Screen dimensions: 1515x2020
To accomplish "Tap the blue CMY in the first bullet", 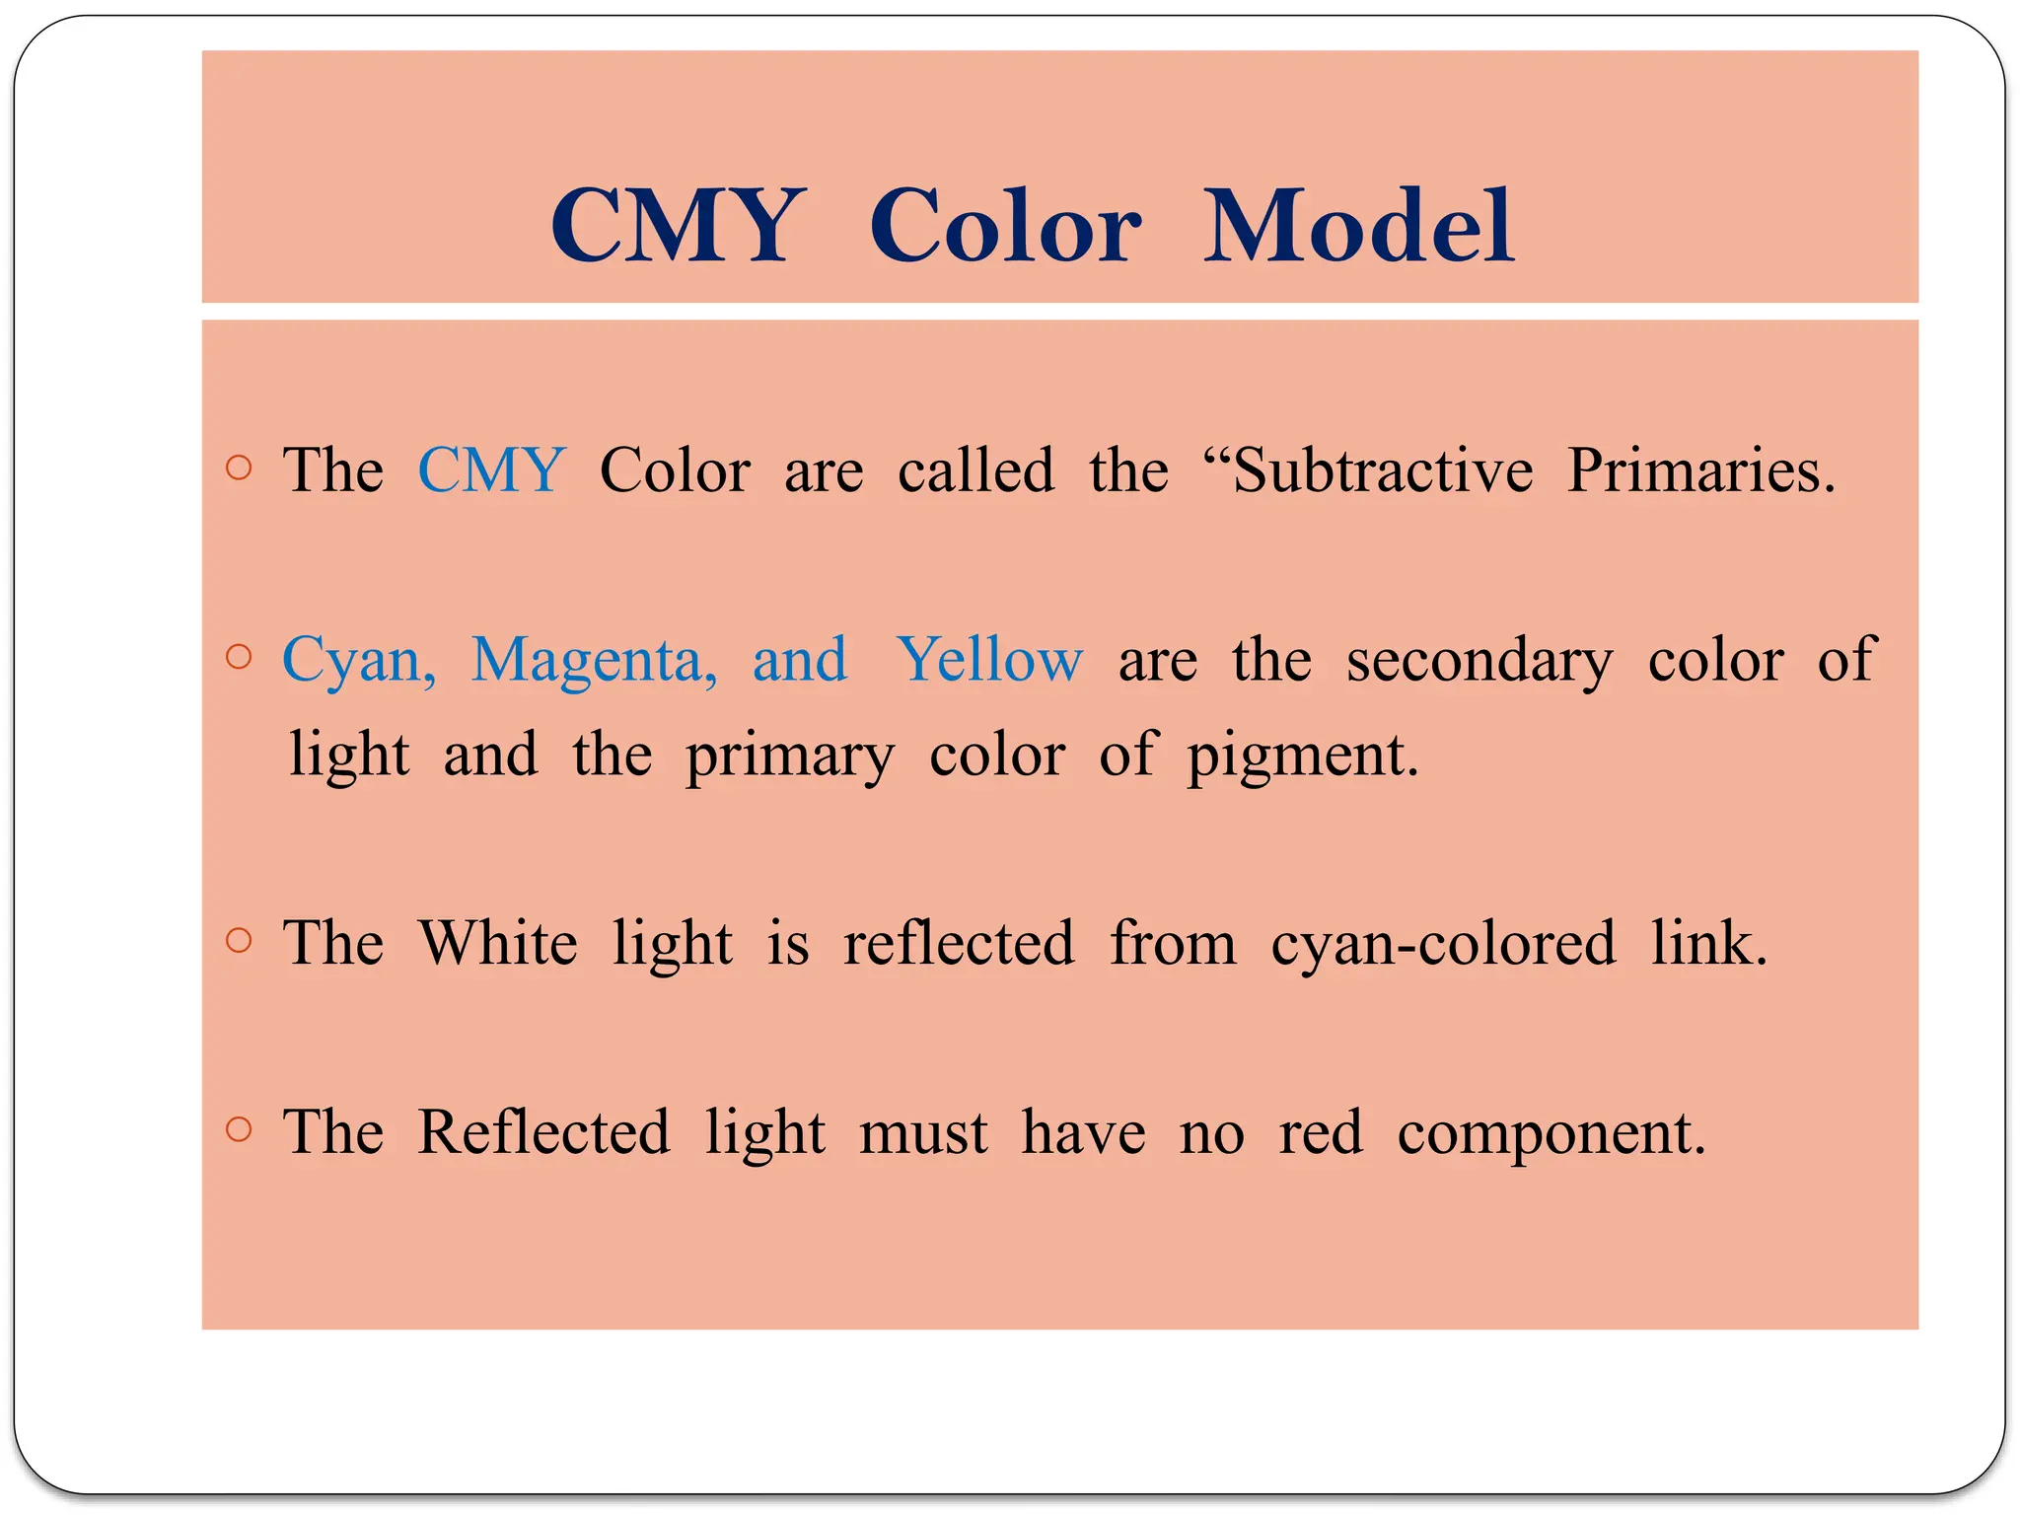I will [x=491, y=469].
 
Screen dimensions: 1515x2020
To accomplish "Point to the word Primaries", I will [x=1700, y=469].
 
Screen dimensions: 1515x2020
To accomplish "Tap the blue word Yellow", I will [x=989, y=659].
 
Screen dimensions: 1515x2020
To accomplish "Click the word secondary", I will [x=1479, y=661].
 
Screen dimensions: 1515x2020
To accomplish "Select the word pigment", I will [x=1302, y=757].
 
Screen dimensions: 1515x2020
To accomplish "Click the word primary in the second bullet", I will [x=790, y=757].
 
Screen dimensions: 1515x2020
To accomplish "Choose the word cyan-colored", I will [x=1443, y=944].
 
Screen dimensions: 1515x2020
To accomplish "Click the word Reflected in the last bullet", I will [x=543, y=1131].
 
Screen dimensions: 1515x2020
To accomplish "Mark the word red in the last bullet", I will [x=1321, y=1131].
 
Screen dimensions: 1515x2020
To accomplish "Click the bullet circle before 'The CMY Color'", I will [x=239, y=468].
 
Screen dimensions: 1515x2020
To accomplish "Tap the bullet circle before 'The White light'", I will [x=239, y=940].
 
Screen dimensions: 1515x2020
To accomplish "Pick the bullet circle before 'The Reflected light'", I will [x=239, y=1128].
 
